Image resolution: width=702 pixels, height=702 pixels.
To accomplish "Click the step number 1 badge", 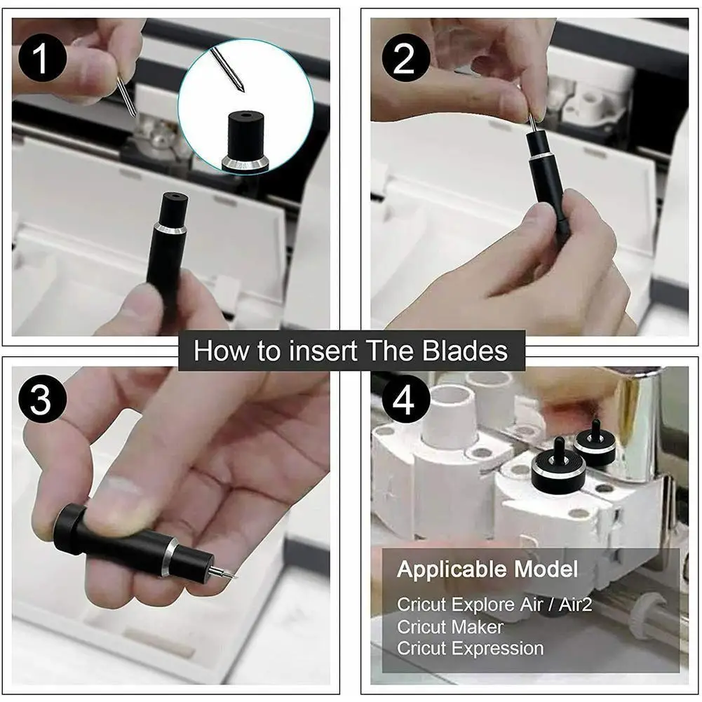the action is tap(43, 58).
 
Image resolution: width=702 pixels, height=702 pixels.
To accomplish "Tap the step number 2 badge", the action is tap(406, 58).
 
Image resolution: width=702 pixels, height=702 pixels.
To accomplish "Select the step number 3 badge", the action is tap(43, 399).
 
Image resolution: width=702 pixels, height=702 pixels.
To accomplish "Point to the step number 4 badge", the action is tap(406, 399).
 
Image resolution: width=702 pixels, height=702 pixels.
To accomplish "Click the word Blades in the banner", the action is tap(465, 350).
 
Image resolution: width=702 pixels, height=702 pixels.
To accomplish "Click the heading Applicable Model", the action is tap(487, 569).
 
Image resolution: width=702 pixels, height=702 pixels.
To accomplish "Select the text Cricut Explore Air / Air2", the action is tap(494, 605).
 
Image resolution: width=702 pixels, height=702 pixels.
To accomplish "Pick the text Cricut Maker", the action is tap(450, 627).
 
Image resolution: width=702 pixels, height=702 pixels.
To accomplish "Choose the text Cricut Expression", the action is tap(470, 648).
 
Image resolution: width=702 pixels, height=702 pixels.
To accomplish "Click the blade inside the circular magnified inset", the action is tap(227, 69).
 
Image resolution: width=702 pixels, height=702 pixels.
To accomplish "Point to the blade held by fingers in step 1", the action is tap(126, 97).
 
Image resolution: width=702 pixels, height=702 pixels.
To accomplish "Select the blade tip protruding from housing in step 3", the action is tap(223, 573).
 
